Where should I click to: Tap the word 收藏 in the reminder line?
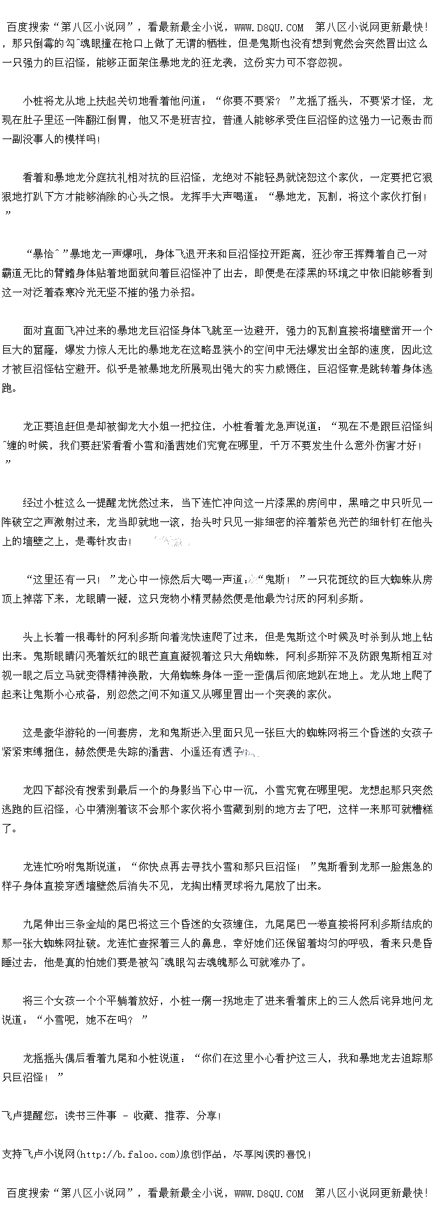click(x=144, y=1116)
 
